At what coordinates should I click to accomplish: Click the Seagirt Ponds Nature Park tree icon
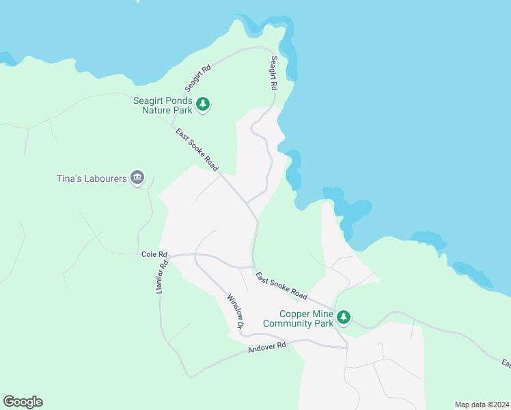point(203,105)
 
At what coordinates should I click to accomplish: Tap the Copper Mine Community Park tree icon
point(344,318)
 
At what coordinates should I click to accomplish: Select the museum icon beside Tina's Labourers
point(138,178)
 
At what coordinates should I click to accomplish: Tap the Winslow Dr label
point(236,311)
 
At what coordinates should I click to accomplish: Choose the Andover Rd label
point(266,347)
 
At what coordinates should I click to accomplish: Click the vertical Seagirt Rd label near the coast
point(274,73)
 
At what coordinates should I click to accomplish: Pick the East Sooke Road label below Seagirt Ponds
point(197,150)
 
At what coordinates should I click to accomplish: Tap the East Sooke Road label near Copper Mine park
point(281,286)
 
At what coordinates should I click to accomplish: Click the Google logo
point(23,402)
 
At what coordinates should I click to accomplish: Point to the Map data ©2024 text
point(481,404)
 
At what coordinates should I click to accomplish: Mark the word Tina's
point(69,178)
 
